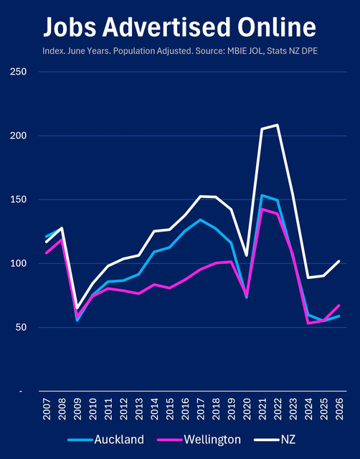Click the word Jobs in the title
(70, 27)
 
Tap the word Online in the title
(277, 27)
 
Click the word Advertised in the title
(166, 27)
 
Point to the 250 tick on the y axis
(18, 72)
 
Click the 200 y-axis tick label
(18, 136)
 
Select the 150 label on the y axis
(18, 199)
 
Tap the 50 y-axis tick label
(21, 327)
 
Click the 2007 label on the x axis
(47, 409)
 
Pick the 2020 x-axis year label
(247, 409)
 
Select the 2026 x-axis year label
(339, 409)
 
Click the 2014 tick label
(154, 409)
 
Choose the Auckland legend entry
(106, 440)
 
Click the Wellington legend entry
(199, 440)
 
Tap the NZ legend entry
(275, 440)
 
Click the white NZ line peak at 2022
(277, 125)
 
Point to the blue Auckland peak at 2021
(262, 195)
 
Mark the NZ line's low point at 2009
(77, 309)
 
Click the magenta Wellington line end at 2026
(339, 306)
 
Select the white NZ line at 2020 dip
(247, 255)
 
